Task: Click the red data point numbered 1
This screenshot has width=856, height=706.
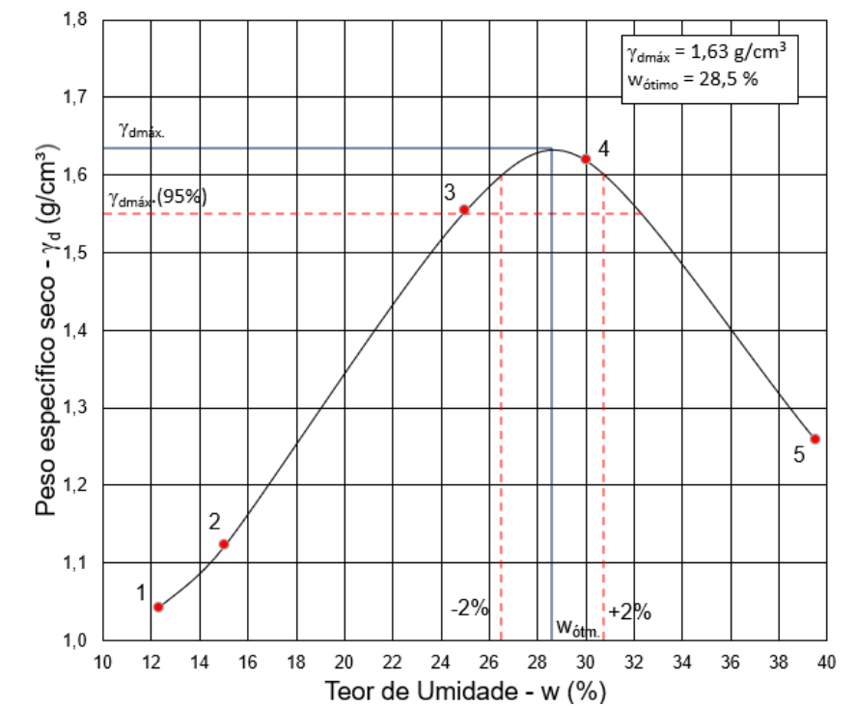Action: (x=158, y=608)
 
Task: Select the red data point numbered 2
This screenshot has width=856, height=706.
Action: (x=224, y=544)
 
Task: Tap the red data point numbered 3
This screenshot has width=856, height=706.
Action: (x=464, y=210)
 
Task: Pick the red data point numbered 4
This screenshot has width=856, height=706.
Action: (x=586, y=159)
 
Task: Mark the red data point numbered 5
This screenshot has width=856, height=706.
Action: (x=815, y=439)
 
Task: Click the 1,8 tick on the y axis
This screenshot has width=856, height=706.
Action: (x=74, y=19)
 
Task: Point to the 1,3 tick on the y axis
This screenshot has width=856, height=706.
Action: (x=74, y=408)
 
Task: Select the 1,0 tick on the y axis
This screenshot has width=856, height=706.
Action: (x=74, y=639)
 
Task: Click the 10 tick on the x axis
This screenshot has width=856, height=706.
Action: (x=102, y=663)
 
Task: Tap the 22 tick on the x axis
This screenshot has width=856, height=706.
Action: (x=392, y=663)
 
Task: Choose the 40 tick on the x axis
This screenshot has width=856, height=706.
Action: (x=826, y=663)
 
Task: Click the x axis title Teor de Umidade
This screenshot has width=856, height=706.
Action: (x=421, y=691)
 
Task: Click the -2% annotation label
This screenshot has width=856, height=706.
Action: (x=469, y=608)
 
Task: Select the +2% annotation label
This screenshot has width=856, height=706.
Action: (x=629, y=611)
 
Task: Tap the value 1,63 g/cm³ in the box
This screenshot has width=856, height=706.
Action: (x=738, y=51)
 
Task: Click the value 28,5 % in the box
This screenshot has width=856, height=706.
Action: (x=729, y=79)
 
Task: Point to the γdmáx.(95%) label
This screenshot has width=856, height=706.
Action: (x=158, y=197)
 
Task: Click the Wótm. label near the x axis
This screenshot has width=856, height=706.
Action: (x=578, y=628)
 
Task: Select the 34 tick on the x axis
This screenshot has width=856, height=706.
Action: (x=682, y=663)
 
